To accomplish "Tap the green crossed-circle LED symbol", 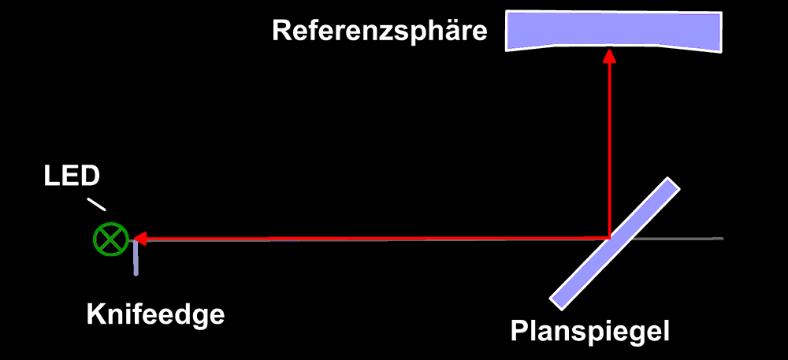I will pyautogui.click(x=110, y=239).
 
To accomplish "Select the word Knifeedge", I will pyautogui.click(x=155, y=314).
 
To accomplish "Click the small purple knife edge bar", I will pyautogui.click(x=136, y=259).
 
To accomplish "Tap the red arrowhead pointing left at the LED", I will pyautogui.click(x=138, y=237).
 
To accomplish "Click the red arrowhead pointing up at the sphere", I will pyautogui.click(x=609, y=57).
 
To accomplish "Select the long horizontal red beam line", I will pyautogui.click(x=370, y=237).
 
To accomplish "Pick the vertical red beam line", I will pyautogui.click(x=609, y=150).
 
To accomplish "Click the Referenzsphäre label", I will pyautogui.click(x=380, y=32).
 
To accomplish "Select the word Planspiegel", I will pyautogui.click(x=589, y=331).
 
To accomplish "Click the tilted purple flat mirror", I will pyautogui.click(x=614, y=243).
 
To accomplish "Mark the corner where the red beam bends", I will pyautogui.click(x=609, y=237).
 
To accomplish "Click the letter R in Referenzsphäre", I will pyautogui.click(x=281, y=32).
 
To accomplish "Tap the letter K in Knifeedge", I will pyautogui.click(x=95, y=314).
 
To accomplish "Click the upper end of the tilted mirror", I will pyautogui.click(x=670, y=185).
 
